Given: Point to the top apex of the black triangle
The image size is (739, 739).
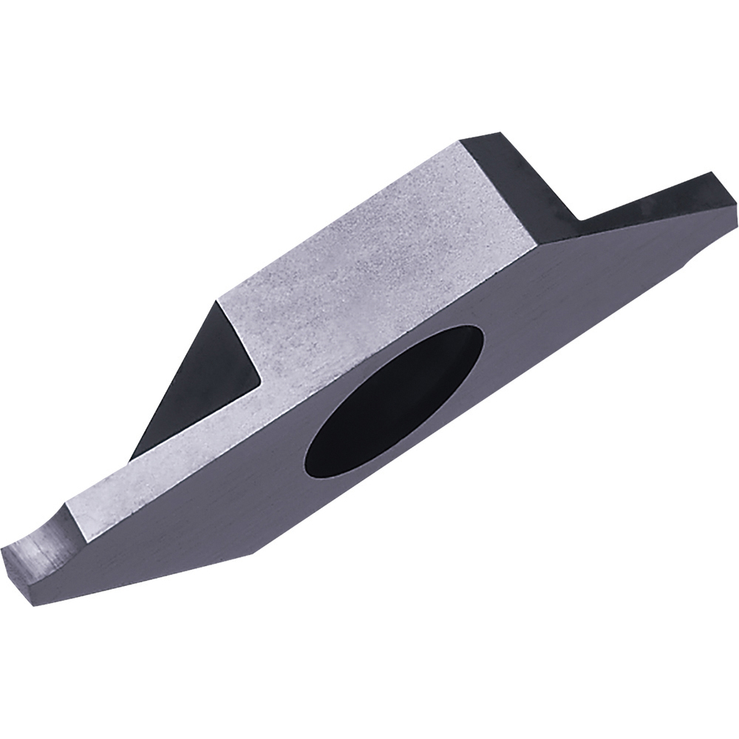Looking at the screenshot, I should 217,301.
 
